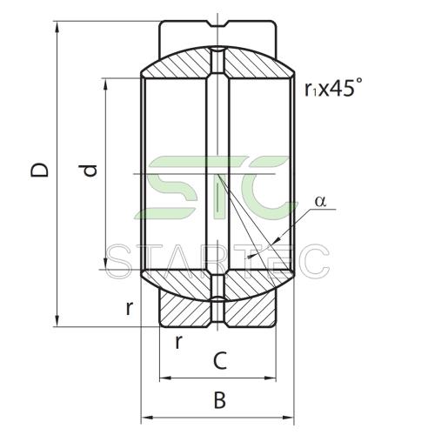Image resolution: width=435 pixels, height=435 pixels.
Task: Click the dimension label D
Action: tap(39, 170)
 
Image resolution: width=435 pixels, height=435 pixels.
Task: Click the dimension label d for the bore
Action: tap(89, 171)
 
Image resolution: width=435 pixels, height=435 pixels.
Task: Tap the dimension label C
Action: tap(220, 360)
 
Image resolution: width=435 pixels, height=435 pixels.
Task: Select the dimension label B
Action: tap(219, 400)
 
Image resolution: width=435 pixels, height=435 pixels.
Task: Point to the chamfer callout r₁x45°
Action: tap(333, 87)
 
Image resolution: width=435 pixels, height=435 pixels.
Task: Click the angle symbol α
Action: tap(320, 201)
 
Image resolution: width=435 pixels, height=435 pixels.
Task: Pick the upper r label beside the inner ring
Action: tap(130, 308)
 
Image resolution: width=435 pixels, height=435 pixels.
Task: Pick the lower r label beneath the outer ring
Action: tap(179, 342)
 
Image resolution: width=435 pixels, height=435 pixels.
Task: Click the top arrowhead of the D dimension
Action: tap(57, 27)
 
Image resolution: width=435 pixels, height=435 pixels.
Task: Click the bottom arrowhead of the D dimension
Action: tap(57, 321)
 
